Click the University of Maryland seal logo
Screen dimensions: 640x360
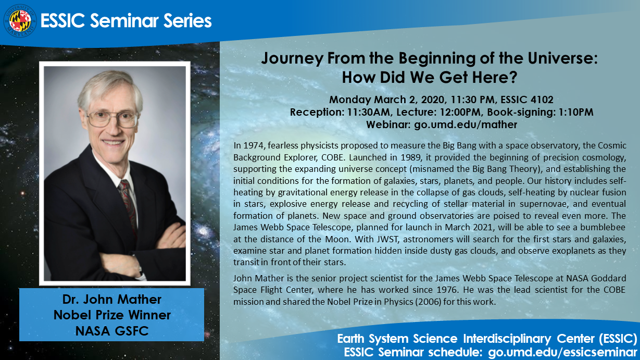coord(20,21)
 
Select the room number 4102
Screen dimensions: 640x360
coord(542,100)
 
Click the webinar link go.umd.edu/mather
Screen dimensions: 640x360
coord(466,125)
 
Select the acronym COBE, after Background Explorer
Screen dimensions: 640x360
coord(333,157)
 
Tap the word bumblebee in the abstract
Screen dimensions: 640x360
coord(603,227)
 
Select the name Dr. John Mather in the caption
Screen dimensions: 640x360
coord(112,300)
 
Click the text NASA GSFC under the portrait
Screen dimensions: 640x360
coord(112,331)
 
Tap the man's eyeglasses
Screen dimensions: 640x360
coord(112,119)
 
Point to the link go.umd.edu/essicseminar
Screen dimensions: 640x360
coord(562,352)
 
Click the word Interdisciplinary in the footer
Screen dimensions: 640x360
coord(507,339)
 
